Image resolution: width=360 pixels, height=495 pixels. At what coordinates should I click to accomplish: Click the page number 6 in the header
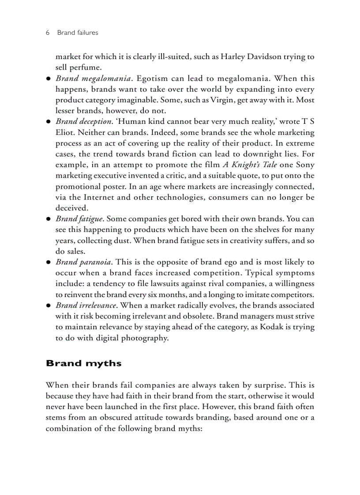pos(47,33)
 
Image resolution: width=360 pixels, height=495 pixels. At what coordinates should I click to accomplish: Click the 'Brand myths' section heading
pos(83,364)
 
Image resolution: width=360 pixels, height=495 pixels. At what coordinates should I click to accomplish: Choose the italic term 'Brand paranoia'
pos(83,262)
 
